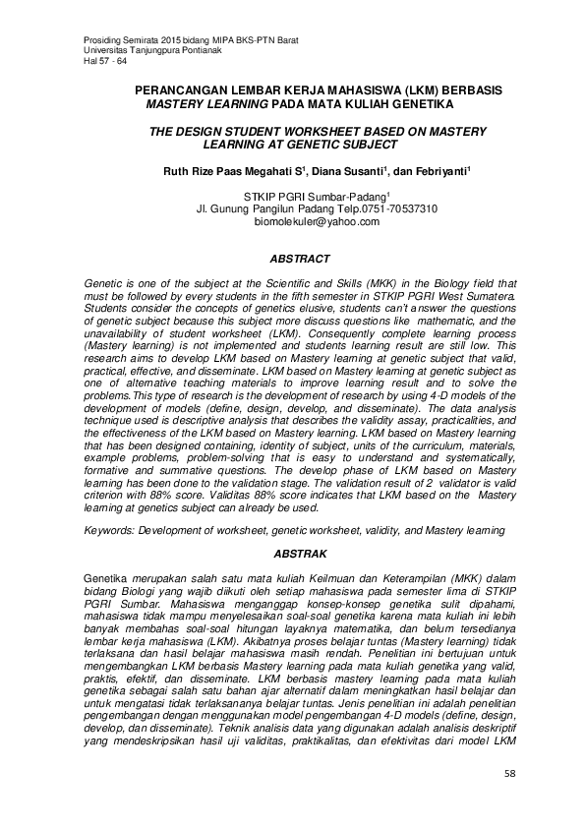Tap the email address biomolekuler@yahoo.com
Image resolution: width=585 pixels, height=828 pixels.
(317, 223)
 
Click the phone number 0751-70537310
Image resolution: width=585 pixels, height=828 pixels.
(402, 209)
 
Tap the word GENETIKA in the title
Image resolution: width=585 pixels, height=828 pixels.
(413, 102)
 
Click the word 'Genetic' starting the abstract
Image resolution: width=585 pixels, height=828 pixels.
(104, 282)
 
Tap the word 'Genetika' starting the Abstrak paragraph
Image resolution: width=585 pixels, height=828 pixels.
(108, 577)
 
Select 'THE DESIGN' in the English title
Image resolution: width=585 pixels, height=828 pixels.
(183, 130)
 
